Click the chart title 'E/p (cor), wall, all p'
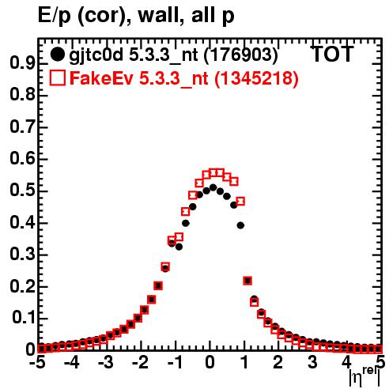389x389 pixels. point(136,16)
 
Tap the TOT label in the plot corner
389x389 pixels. point(332,54)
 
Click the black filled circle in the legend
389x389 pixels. point(57,55)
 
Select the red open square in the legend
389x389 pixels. point(57,78)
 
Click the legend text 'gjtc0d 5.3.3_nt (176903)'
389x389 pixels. point(173,55)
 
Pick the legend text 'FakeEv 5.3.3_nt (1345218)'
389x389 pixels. point(184,78)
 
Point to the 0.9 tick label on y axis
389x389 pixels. point(22,63)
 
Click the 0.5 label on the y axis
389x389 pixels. point(22,191)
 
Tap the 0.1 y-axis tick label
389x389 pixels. point(24,319)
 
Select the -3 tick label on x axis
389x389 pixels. point(106,363)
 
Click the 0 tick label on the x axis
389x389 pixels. point(210,363)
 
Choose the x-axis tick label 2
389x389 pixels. point(278,363)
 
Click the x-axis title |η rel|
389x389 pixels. point(364,377)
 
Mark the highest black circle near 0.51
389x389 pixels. point(213,187)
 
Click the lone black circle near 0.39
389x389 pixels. point(240,225)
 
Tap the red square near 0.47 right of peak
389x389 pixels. point(240,202)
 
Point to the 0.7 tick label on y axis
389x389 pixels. point(22,127)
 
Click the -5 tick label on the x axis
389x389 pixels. point(39,363)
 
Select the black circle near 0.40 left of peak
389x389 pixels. point(186,223)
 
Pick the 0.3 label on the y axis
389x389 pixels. point(22,255)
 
